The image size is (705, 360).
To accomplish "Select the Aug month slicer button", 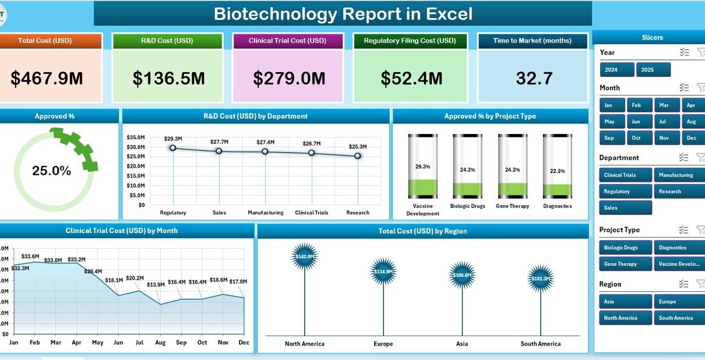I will (691, 122).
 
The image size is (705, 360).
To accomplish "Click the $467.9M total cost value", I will (47, 79).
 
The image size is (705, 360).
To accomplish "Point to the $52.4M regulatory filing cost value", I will (411, 79).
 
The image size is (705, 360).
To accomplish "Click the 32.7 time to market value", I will (534, 79).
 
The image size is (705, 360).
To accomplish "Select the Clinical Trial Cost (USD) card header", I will (287, 41).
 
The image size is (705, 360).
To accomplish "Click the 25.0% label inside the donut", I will (51, 171).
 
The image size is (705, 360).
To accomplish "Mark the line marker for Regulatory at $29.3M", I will (173, 148).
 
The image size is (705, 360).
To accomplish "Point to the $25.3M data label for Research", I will (358, 147).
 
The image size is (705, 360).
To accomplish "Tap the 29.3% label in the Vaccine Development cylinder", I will (422, 167).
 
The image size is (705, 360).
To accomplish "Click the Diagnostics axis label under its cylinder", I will (558, 206).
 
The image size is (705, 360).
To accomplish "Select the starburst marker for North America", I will (304, 256).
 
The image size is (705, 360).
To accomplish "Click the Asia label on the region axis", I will (461, 344).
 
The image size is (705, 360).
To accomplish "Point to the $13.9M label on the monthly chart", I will (156, 285).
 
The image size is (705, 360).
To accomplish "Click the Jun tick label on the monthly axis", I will (118, 342).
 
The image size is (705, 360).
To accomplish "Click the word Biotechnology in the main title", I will (276, 14).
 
